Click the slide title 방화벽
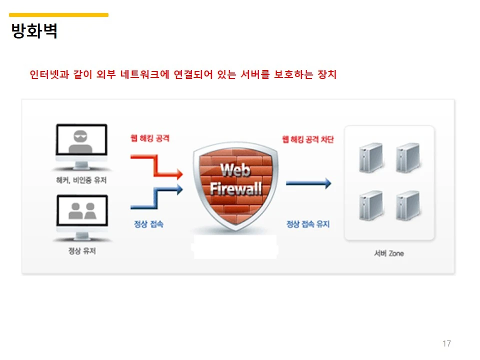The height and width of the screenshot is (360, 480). tap(34, 31)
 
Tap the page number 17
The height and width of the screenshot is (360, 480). tap(446, 343)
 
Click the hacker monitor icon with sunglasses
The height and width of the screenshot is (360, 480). tap(81, 144)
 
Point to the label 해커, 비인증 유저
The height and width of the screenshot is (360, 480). tap(81, 180)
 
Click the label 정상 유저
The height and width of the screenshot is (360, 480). tap(82, 251)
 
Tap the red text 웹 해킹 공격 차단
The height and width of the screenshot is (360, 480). tap(308, 139)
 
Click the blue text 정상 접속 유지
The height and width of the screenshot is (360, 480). tap(308, 224)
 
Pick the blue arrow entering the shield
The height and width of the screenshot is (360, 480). tap(156, 197)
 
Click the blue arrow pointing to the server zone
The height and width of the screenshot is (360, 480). tap(308, 183)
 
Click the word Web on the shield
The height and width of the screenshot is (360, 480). tap(235, 170)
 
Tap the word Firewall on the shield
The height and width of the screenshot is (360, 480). tap(235, 189)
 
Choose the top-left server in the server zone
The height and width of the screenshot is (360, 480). tap(370, 157)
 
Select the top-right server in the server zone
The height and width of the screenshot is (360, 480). tap(406, 157)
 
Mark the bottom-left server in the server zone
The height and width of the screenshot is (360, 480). tap(370, 205)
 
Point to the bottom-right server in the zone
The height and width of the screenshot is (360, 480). tap(406, 205)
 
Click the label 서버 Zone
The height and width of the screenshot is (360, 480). tap(388, 253)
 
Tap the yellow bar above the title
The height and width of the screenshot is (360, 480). tap(59, 15)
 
